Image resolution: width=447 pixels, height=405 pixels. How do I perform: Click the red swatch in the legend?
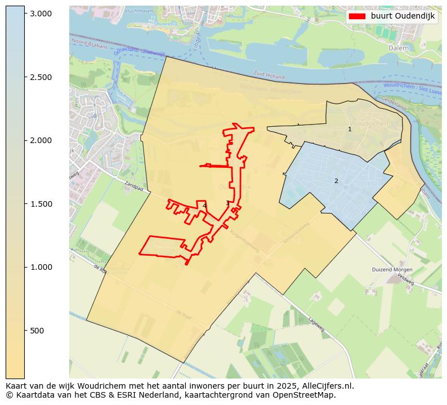click(x=357, y=16)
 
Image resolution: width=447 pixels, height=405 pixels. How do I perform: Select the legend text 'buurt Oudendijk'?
click(x=403, y=16)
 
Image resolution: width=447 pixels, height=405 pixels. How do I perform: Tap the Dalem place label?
click(x=399, y=48)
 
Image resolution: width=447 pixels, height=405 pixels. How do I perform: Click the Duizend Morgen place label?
click(x=392, y=270)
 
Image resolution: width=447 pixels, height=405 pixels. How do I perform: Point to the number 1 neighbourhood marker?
click(x=350, y=129)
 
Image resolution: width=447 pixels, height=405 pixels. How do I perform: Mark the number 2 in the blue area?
click(x=336, y=181)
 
